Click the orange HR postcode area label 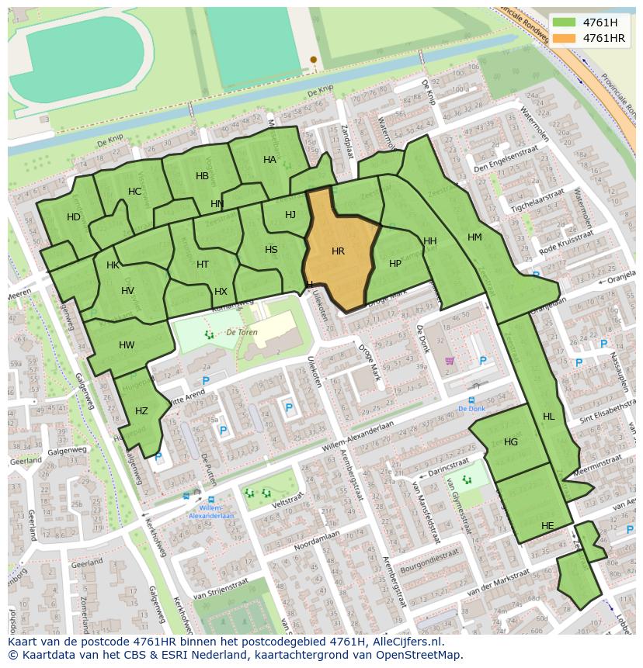(338, 251)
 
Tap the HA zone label (269, 160)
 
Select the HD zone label (74, 217)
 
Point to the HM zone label (474, 237)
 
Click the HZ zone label (141, 411)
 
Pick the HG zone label (510, 442)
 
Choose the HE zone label (547, 525)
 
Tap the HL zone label (548, 417)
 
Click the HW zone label (127, 345)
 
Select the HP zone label (395, 264)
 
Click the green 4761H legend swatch (565, 22)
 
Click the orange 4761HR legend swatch (565, 38)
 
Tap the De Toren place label (242, 331)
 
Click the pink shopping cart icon (449, 361)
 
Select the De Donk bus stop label (471, 408)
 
